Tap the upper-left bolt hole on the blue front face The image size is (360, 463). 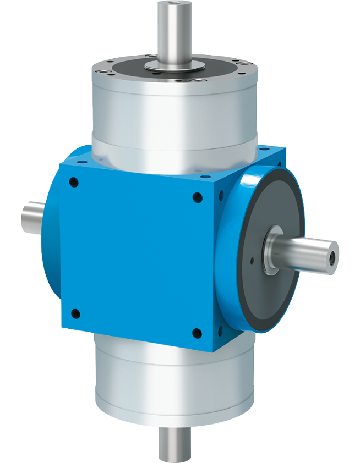[x=75, y=184]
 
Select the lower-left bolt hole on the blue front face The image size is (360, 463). [x=75, y=314]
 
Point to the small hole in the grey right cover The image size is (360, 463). [x=252, y=262]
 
